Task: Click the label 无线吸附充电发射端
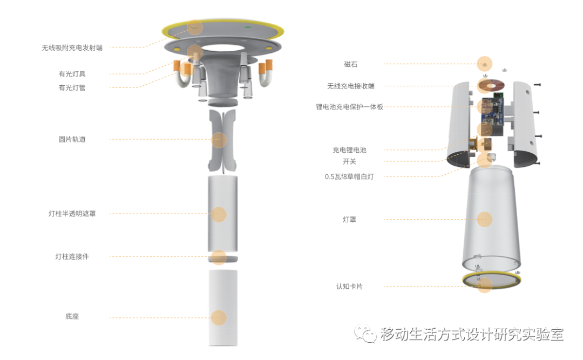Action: pyautogui.click(x=72, y=47)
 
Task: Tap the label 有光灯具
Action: pyautogui.click(x=72, y=74)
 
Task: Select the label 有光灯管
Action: pyautogui.click(x=72, y=88)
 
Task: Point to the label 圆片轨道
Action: pyautogui.click(x=72, y=139)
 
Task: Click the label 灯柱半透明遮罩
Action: pyautogui.click(x=72, y=214)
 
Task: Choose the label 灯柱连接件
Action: pyautogui.click(x=72, y=256)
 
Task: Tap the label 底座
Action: pyautogui.click(x=72, y=316)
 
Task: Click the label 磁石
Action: pyautogui.click(x=351, y=64)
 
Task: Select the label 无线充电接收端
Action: pyautogui.click(x=351, y=86)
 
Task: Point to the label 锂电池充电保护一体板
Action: pyautogui.click(x=349, y=107)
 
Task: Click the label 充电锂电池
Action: pyautogui.click(x=349, y=150)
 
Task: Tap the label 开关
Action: pyautogui.click(x=349, y=162)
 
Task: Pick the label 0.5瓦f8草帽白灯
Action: pyautogui.click(x=349, y=177)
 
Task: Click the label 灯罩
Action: pyautogui.click(x=349, y=220)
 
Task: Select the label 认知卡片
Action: pyautogui.click(x=349, y=287)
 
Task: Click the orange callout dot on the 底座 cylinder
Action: pyautogui.click(x=219, y=317)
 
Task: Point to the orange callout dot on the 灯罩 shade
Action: pyautogui.click(x=484, y=220)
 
